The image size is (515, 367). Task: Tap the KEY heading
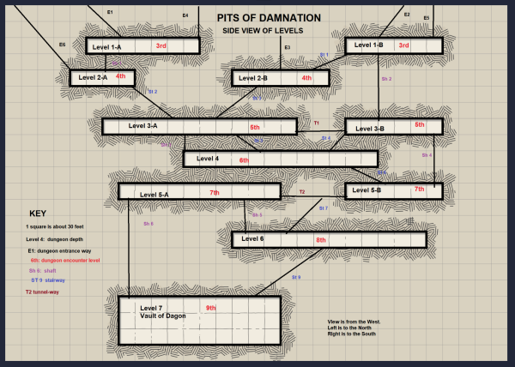[x=37, y=213]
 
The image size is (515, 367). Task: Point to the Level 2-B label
[x=254, y=78]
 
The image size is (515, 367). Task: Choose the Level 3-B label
[x=369, y=128]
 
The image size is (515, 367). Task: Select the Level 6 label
[x=252, y=238]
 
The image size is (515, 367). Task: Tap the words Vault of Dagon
[x=163, y=316]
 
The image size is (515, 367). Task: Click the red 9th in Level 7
[x=211, y=307]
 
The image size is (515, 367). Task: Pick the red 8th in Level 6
[x=321, y=240]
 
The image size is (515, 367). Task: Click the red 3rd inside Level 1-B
[x=404, y=45]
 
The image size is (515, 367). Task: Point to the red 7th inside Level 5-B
[x=419, y=189]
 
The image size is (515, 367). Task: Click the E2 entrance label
[x=407, y=15]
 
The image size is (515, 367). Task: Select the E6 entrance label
[x=63, y=44]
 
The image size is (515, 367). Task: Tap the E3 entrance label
[x=288, y=47]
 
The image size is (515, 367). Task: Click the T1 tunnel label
[x=316, y=123]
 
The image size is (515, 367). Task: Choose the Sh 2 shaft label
[x=386, y=79]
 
